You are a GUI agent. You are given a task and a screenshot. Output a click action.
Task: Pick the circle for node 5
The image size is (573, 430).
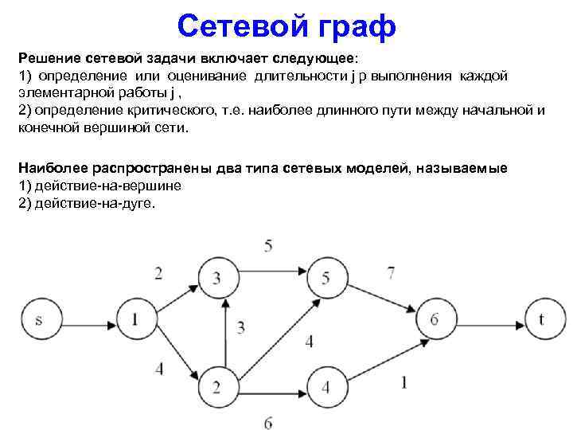[325, 276]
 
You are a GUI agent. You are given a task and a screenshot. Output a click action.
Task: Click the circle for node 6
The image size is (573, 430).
[434, 319]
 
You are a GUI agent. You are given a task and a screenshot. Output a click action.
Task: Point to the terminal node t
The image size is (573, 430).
[541, 319]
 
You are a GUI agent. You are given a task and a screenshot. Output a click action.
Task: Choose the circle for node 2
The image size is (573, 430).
[217, 388]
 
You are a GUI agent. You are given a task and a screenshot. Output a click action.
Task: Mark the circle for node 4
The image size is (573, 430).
[325, 388]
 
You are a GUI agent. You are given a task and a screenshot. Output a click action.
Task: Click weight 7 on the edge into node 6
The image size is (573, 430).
[390, 273]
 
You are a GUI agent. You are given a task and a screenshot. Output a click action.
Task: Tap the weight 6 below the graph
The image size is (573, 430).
[268, 422]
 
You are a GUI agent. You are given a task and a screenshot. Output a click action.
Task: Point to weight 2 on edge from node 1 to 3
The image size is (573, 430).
[158, 274]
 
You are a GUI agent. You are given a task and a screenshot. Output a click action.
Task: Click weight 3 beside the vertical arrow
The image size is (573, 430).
[240, 327]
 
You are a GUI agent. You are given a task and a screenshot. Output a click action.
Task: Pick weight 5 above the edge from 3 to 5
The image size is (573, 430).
[268, 244]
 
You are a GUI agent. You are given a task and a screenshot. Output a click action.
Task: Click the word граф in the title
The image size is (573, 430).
[353, 27]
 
